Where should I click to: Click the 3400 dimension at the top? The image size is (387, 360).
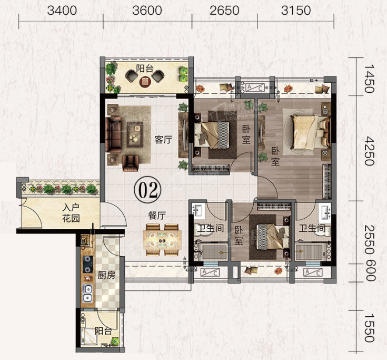62,11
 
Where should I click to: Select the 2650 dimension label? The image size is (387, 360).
224,11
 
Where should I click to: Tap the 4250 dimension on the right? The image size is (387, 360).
370,151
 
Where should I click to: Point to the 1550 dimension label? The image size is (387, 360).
370,328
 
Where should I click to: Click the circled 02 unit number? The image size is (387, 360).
147,190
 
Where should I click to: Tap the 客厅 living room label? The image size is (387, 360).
163,140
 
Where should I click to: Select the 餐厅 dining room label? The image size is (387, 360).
157,216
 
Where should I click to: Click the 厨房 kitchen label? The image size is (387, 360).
106,275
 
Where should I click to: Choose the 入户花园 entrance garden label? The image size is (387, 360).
71,213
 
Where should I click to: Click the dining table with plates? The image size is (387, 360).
162,240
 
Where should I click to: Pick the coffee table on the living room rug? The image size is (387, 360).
135,134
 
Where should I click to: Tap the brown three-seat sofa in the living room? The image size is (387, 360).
113,134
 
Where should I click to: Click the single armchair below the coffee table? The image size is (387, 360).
131,163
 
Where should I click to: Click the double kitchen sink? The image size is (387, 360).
87,293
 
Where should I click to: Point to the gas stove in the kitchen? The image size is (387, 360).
87,264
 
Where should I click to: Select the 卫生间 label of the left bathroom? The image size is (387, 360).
211,228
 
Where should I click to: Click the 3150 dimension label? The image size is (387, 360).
296,11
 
